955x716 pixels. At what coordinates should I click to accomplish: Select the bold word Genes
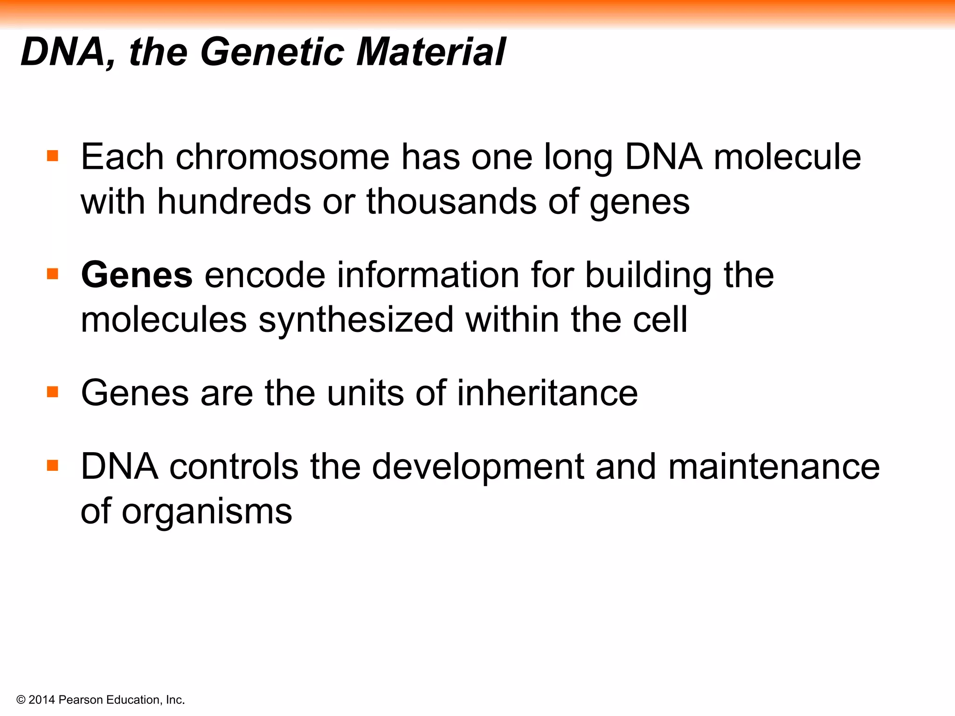coord(137,275)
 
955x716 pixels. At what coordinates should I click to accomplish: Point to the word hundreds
coord(234,202)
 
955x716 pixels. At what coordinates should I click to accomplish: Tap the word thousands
coord(451,202)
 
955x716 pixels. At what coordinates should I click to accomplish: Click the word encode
coord(264,275)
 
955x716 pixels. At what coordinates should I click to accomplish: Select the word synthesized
coord(356,320)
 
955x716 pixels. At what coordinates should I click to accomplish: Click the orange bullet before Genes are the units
coord(53,392)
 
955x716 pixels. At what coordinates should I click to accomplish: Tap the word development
coord(477,467)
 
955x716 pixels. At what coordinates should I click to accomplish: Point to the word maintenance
coord(774,467)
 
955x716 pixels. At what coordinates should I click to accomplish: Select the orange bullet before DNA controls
coord(53,465)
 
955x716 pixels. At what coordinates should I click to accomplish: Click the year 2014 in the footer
coord(42,700)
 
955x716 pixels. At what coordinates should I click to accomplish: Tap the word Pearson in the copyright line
coord(81,700)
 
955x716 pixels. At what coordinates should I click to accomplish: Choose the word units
coord(365,393)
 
